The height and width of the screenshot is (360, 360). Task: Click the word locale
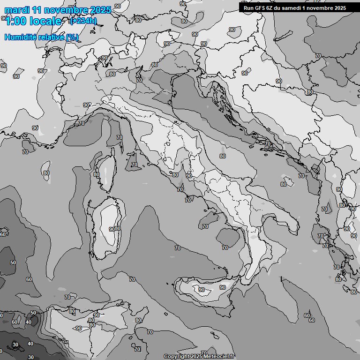click(47, 21)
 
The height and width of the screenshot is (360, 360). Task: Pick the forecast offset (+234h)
click(83, 21)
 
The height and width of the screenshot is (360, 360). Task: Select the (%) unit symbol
click(72, 37)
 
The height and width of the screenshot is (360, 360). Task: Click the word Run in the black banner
click(248, 7)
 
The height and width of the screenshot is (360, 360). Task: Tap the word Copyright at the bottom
click(176, 356)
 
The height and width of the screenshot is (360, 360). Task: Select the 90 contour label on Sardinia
click(112, 229)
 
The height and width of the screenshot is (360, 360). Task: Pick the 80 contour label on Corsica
click(96, 174)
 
